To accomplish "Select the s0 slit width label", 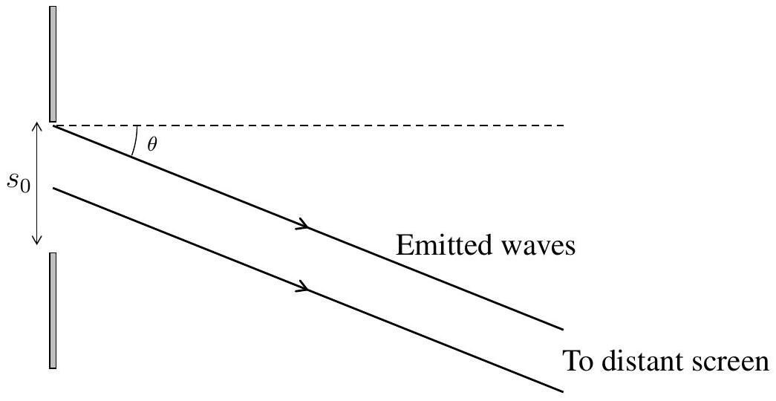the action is pos(19,182).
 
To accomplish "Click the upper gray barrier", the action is pos(53,64).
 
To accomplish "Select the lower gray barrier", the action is pos(53,310).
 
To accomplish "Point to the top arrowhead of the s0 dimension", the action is pos(36,125).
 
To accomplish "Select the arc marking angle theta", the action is pos(135,142).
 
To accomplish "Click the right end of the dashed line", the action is pos(564,125).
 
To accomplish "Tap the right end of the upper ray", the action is pos(563,329).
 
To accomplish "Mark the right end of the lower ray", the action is pos(563,391).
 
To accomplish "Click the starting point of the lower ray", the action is pos(53,188).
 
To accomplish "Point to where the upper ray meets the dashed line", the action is pos(53,125).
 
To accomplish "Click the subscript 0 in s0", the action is pos(25,186).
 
